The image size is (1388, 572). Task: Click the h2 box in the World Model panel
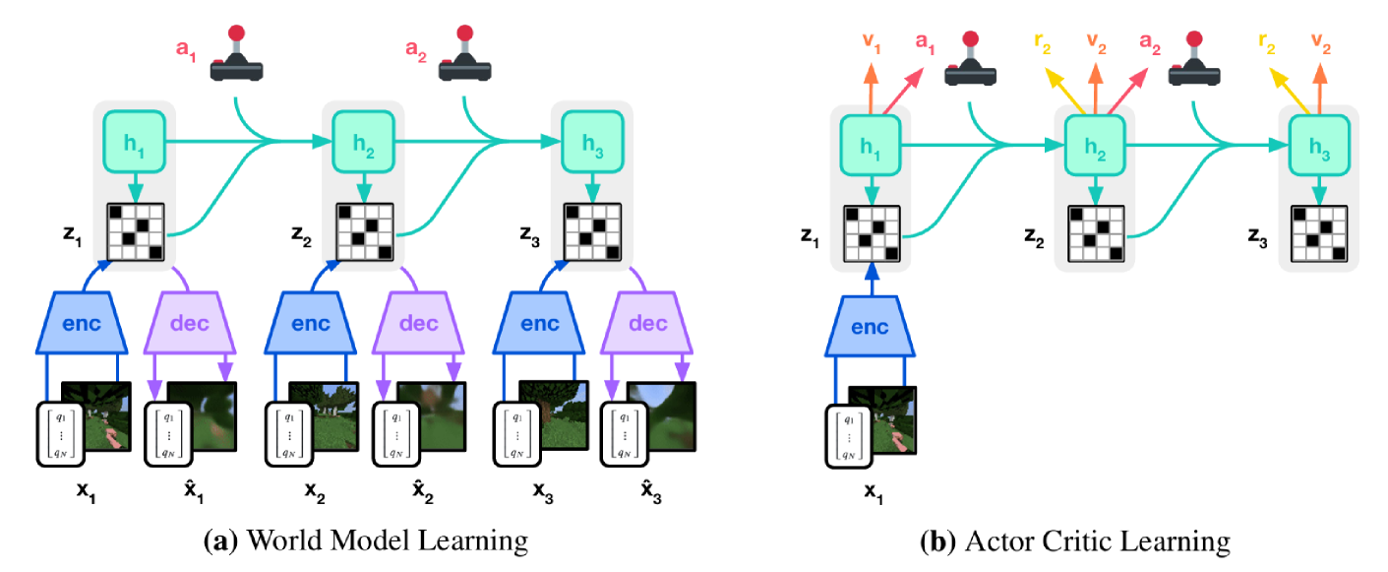364,143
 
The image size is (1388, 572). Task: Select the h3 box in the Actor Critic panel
1318,146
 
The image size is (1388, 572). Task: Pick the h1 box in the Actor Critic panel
871,146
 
